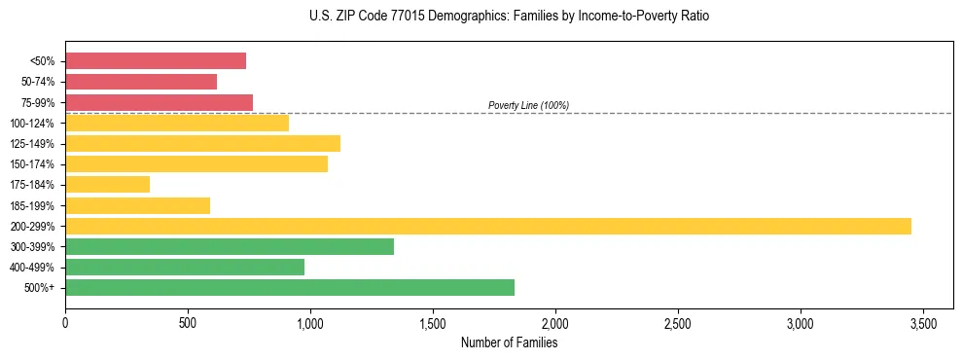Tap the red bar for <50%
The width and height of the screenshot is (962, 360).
point(156,60)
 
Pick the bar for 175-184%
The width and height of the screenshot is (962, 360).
point(107,184)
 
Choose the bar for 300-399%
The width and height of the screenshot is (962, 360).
point(230,246)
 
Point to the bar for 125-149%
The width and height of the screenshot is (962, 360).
point(202,143)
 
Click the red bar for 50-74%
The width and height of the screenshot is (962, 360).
point(141,82)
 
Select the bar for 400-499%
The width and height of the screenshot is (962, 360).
point(185,267)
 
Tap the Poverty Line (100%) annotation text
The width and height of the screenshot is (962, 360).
point(528,105)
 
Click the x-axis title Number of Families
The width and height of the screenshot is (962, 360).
point(509,342)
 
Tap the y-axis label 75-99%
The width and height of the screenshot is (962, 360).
point(37,102)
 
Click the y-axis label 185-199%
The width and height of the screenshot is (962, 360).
point(34,205)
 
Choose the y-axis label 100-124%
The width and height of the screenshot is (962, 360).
point(34,123)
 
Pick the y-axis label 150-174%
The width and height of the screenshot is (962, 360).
point(34,163)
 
